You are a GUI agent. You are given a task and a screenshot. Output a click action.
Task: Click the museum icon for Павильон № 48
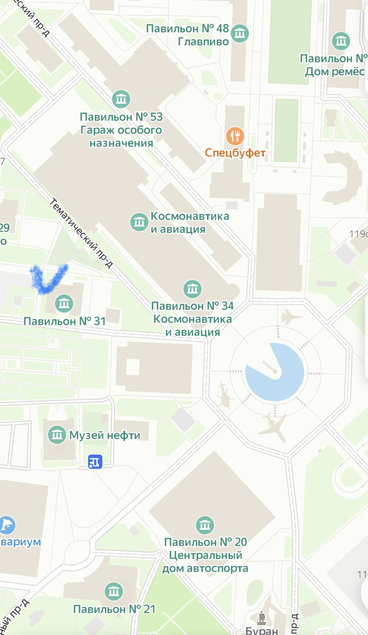coord(240,33)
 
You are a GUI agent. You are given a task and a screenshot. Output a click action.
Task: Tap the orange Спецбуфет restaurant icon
coord(235,137)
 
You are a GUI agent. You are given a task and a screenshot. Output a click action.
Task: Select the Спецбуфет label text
coord(235,154)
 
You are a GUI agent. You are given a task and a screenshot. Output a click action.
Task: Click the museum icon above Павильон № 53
coord(121,99)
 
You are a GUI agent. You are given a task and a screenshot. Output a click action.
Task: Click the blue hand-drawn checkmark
coord(48,278)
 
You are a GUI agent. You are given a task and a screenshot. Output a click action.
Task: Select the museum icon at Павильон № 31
coord(64,304)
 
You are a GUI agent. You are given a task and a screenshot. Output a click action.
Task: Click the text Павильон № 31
coord(65,321)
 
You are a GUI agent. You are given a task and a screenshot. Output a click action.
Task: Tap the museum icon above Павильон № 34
coord(192,289)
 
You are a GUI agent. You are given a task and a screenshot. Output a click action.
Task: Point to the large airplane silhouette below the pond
coord(274,427)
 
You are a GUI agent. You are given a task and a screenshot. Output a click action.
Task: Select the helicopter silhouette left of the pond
coord(226,395)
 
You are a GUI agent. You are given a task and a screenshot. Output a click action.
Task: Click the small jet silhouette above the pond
coord(291,317)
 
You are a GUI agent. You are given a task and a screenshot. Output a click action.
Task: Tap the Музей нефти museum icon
coord(57,435)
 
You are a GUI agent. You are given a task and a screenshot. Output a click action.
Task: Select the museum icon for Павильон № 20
coord(205,525)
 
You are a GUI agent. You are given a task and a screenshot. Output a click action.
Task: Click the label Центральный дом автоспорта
coord(206,562)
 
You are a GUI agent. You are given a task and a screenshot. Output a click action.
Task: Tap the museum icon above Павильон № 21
coord(114,592)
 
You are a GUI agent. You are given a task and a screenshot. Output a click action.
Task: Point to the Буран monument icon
coord(262,618)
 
